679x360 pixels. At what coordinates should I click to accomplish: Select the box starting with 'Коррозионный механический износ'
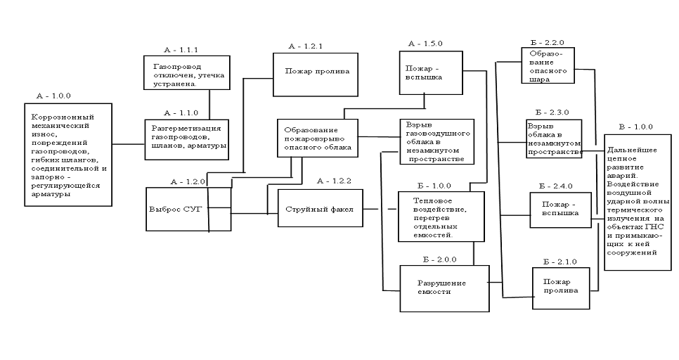[67, 155]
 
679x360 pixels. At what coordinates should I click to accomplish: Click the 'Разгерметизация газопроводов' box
[188, 136]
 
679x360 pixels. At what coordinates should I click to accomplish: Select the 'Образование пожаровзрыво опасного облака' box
[316, 139]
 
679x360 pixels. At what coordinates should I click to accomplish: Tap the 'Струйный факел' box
[319, 209]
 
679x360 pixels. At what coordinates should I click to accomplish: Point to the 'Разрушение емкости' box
[444, 288]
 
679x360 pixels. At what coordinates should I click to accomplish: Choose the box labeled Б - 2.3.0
[555, 139]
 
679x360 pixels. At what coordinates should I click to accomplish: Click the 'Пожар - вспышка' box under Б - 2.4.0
[556, 210]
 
